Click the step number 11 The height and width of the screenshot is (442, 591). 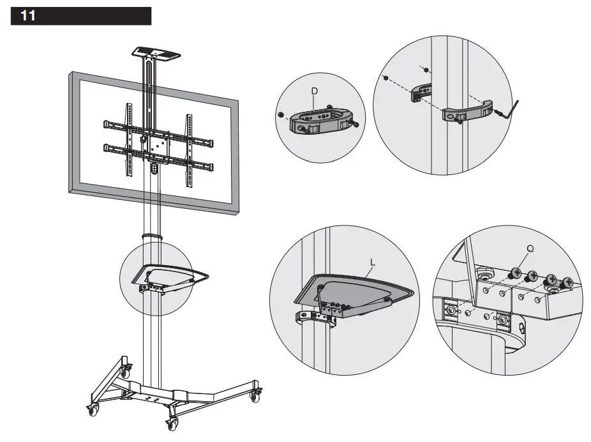pyautogui.click(x=28, y=16)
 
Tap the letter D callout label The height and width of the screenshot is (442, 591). pyautogui.click(x=315, y=91)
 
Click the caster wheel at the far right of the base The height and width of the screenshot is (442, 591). pyautogui.click(x=255, y=396)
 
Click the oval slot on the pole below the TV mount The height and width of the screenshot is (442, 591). pyautogui.click(x=153, y=169)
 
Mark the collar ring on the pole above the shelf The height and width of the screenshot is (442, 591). pyautogui.click(x=152, y=237)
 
